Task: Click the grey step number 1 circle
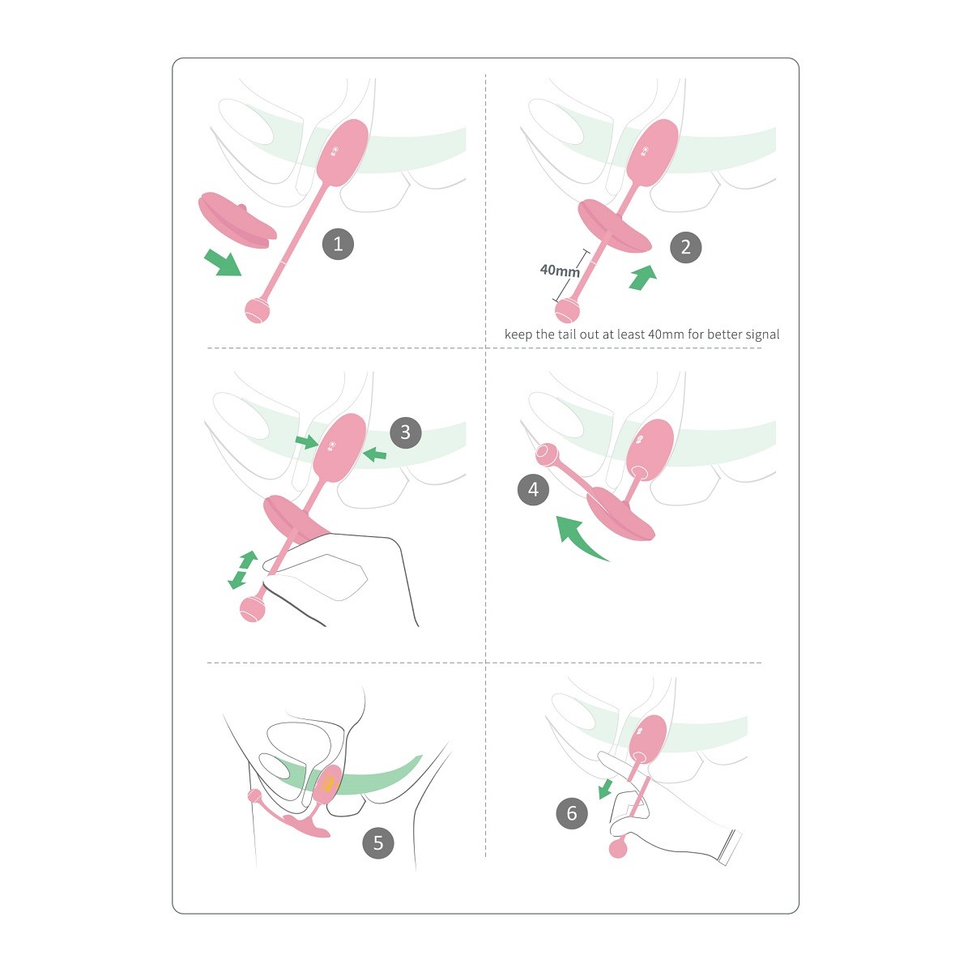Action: pos(338,244)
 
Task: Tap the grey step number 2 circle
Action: pos(685,247)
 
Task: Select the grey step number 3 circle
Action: pos(406,433)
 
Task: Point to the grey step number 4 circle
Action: pos(533,489)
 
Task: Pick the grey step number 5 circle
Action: pos(378,842)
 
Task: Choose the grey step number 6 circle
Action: pos(572,813)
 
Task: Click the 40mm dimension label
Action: pos(560,271)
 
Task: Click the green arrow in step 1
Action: pos(223,262)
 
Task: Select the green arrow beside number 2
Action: pos(643,278)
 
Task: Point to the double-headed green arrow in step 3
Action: pos(243,570)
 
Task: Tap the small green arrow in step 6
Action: pos(605,790)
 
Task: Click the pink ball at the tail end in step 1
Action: pos(258,309)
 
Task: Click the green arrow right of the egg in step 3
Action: pos(375,454)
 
